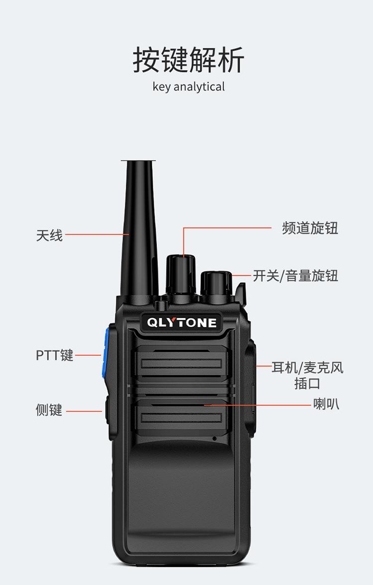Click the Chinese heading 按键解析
pos(188,60)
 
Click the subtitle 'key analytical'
pos(188,86)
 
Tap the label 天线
pos(49,236)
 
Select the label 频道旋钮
pos(310,228)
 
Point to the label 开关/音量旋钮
pos(295,276)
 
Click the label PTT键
pos(55,355)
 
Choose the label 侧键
pos(49,410)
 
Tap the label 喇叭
pos(326,404)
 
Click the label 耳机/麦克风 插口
pos(307,375)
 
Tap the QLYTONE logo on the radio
pos(182,323)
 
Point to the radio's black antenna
pos(139,228)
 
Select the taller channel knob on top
pos(181,275)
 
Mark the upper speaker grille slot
pos(182,363)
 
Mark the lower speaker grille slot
pos(182,417)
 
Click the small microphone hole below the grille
pos(214,438)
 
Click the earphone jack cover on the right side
pos(251,388)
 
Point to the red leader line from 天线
pos(97,235)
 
